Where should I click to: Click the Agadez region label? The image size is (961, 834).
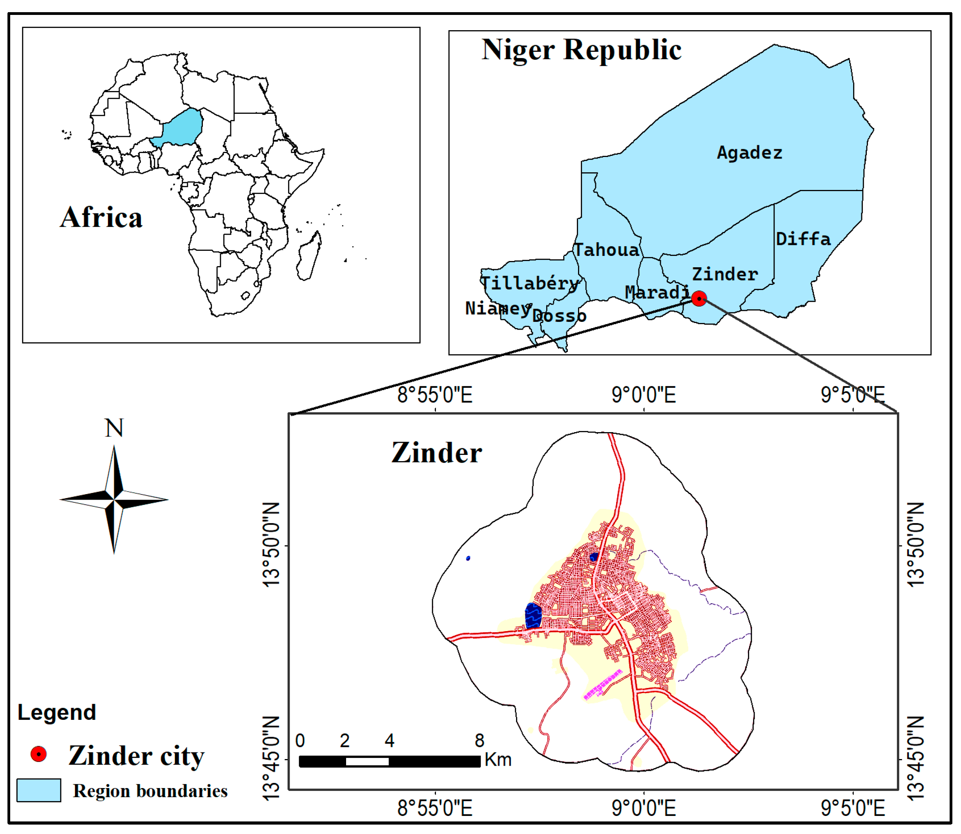[749, 153]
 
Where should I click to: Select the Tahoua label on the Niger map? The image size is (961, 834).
[606, 250]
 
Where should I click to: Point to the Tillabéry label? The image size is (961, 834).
[530, 283]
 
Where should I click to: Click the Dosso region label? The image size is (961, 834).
[558, 316]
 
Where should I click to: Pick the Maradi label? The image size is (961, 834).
[656, 292]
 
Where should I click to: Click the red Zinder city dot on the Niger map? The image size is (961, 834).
[698, 298]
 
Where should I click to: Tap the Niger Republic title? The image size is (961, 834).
[581, 50]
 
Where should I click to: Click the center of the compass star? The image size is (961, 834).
[114, 500]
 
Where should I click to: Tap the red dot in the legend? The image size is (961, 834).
[38, 754]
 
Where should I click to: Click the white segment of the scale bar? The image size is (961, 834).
[367, 761]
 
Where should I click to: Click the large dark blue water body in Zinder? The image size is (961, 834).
[533, 615]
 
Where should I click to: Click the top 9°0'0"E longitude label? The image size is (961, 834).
[644, 395]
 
